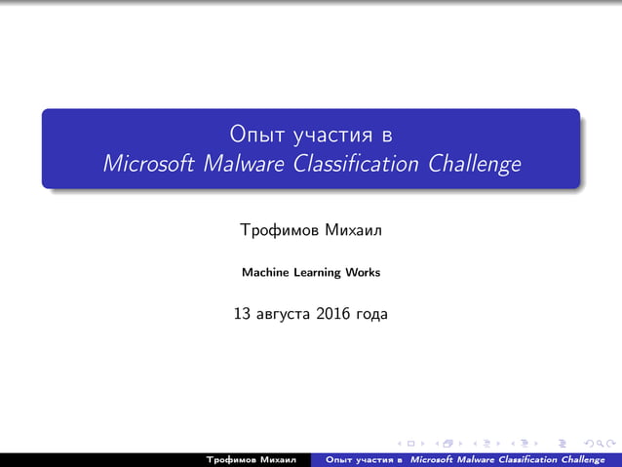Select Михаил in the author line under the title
tap(353, 233)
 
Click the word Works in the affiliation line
tap(363, 273)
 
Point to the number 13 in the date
tap(243, 314)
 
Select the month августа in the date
tap(283, 315)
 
